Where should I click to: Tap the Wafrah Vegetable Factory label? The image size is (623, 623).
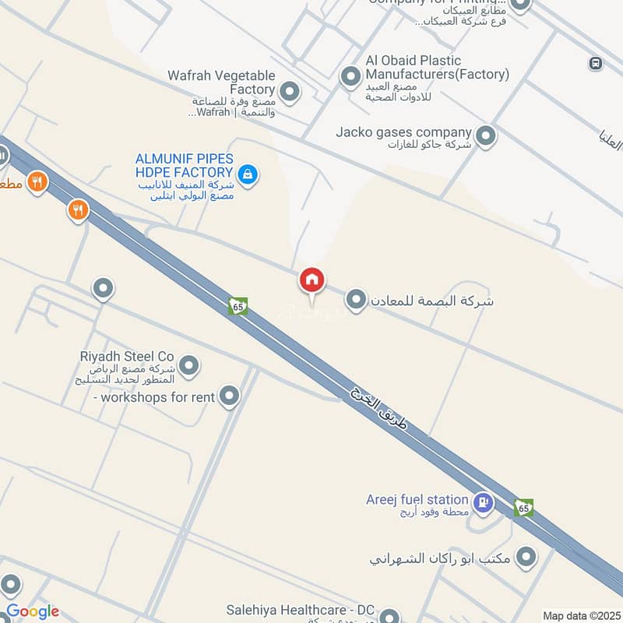[x=222, y=83]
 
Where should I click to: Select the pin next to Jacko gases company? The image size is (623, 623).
[x=486, y=137]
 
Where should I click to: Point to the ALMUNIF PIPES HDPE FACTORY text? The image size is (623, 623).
[x=184, y=165]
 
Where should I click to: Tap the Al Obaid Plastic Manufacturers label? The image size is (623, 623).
[x=425, y=67]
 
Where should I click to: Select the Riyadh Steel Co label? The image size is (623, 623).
[x=127, y=356]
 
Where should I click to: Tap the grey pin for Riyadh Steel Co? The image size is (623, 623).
[x=188, y=364]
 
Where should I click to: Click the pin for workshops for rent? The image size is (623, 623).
[x=228, y=397]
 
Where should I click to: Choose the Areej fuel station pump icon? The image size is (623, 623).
[x=483, y=502]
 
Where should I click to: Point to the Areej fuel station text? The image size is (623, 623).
[x=417, y=499]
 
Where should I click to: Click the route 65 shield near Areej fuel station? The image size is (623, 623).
[x=523, y=509]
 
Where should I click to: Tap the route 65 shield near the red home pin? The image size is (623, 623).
[x=238, y=307]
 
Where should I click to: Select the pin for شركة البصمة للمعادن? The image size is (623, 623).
[x=356, y=300]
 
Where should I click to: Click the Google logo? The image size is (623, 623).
[x=32, y=611]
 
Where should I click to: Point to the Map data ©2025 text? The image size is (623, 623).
[x=580, y=615]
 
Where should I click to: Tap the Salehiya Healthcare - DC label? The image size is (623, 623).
[x=301, y=610]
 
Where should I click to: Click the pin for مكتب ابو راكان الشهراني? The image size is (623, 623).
[x=527, y=558]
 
